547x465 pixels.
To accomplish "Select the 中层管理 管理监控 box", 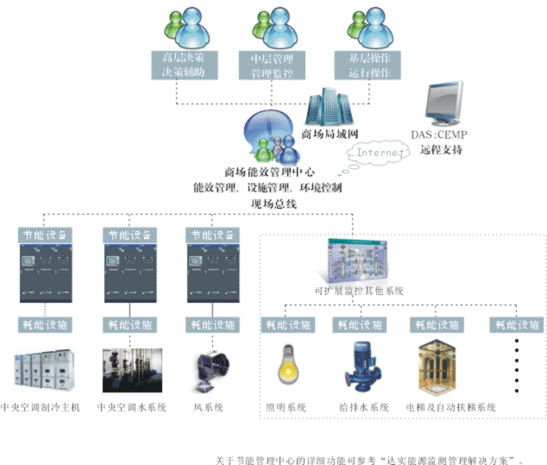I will click(x=272, y=66).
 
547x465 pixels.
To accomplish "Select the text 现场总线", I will click(x=273, y=204).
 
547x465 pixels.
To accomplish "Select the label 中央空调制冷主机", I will click(x=41, y=407).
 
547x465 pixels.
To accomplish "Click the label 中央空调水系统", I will click(x=132, y=407).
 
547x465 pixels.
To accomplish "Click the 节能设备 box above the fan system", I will click(x=211, y=234).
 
